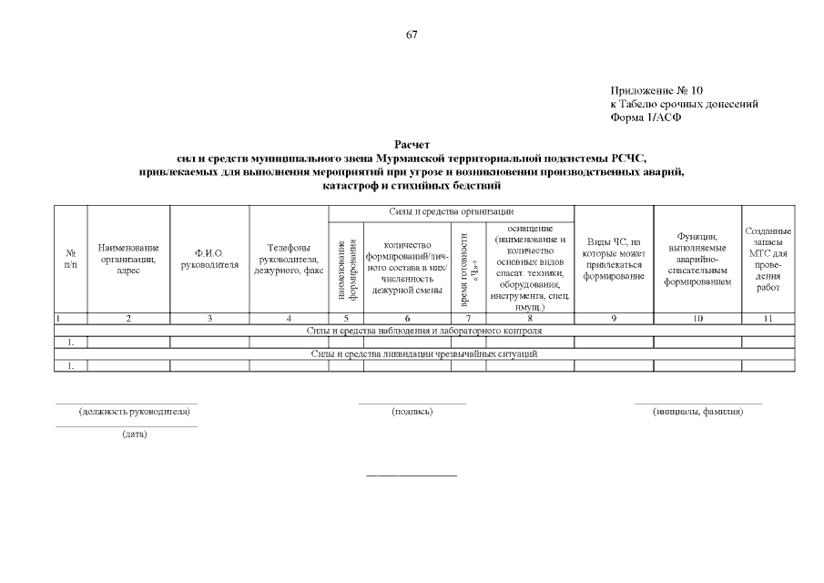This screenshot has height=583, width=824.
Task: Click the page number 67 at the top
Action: coord(412,35)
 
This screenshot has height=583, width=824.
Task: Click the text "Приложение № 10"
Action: coord(656,91)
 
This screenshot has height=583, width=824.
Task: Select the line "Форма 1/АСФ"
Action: coord(646,117)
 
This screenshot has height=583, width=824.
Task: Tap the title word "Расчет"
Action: coord(412,145)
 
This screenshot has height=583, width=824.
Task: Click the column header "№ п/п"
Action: coord(70,259)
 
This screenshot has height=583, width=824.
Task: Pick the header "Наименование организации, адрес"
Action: coord(128,259)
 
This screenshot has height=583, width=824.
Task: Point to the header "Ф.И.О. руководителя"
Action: coord(209,259)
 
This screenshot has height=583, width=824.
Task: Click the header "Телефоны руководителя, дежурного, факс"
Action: coord(289,259)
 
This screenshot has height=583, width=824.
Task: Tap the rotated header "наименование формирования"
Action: coord(346,270)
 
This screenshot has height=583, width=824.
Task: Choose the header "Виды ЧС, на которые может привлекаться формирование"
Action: coord(614,259)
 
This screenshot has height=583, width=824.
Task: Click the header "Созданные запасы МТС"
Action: coord(768,259)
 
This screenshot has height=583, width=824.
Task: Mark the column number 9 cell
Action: coord(614,319)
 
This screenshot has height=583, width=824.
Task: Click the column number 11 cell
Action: coord(768,319)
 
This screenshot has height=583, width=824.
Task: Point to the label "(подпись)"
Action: coord(412,412)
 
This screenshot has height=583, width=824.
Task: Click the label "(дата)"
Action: coord(135,434)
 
